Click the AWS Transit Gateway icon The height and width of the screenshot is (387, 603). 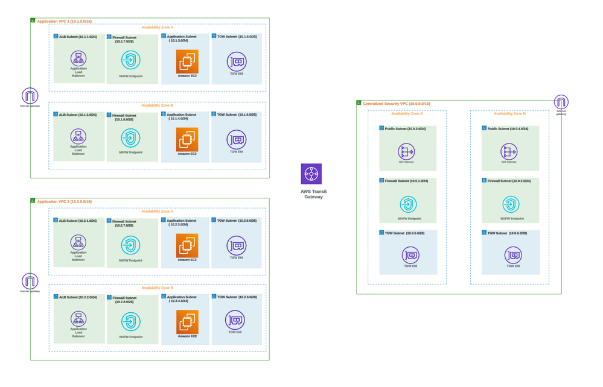311,174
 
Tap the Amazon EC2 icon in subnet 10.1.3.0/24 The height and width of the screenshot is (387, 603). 187,61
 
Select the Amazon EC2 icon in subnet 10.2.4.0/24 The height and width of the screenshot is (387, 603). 187,321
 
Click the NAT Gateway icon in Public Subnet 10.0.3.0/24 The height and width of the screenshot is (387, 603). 406,151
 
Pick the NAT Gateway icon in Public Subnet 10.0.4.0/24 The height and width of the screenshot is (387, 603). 509,151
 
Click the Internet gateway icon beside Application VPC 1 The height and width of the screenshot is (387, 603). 30,95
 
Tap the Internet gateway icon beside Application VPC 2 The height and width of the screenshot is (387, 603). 30,280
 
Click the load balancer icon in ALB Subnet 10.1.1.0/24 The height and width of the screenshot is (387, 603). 78,58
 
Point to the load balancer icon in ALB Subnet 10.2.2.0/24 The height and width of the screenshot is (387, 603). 78,319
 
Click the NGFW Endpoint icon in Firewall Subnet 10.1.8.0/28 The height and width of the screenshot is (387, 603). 130,138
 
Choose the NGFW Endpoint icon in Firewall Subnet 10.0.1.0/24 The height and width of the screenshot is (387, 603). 409,205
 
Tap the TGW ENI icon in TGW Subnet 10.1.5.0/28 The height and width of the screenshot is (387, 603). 236,61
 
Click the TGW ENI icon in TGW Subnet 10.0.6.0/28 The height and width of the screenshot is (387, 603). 513,254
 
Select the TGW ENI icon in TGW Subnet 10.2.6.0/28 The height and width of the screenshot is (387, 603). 235,319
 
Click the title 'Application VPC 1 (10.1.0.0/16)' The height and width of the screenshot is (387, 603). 65,21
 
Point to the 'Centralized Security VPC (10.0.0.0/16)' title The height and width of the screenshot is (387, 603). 397,104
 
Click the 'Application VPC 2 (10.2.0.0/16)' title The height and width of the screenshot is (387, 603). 65,201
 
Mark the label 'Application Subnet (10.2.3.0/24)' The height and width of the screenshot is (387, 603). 182,222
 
